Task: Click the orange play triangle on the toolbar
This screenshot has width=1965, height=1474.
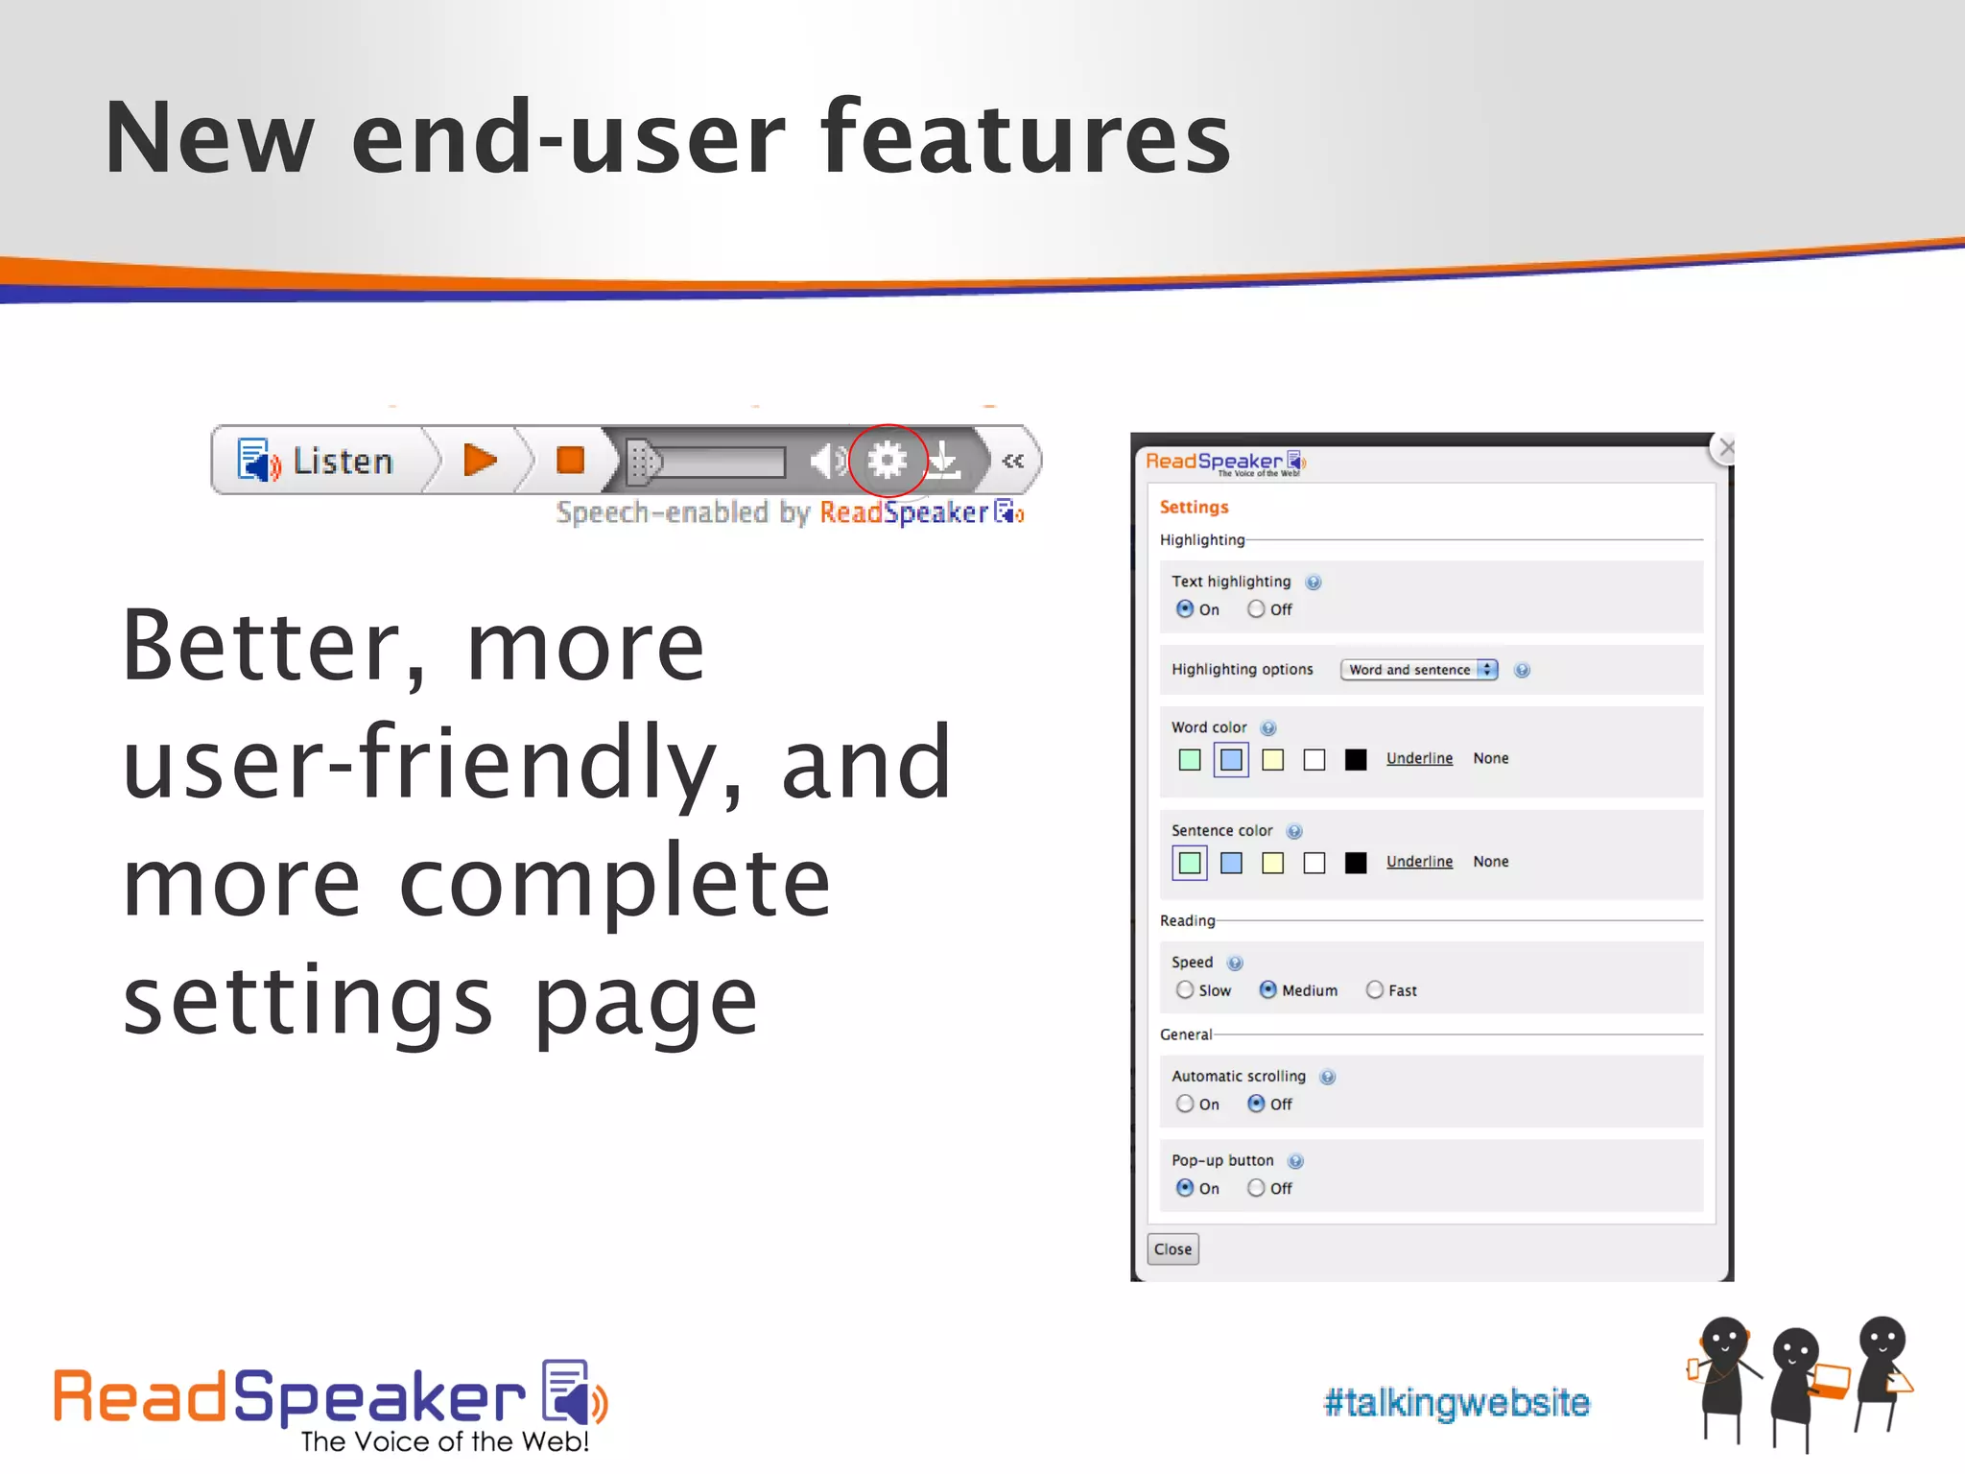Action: pos(479,460)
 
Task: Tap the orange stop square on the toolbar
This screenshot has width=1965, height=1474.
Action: pos(570,460)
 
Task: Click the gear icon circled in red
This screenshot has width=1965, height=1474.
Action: pos(888,461)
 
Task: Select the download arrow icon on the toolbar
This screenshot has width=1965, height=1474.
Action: pos(945,461)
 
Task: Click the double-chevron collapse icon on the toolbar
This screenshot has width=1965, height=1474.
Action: pos(1012,462)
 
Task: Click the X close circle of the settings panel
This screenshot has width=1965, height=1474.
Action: pos(1726,448)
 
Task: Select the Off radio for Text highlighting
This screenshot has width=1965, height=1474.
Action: pos(1256,609)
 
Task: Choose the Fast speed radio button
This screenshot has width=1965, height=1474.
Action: pos(1375,990)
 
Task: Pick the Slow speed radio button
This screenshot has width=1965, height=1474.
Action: pos(1185,990)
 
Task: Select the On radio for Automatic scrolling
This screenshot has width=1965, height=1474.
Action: pos(1185,1105)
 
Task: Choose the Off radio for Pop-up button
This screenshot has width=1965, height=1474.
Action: pos(1256,1188)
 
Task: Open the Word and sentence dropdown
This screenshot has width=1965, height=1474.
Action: pos(1418,670)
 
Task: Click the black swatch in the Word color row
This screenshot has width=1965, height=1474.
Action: pos(1356,760)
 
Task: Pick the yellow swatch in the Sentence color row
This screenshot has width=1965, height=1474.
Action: pos(1273,863)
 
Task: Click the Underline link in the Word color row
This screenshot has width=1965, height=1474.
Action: pos(1419,758)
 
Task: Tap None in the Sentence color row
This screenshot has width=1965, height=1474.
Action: pos(1491,862)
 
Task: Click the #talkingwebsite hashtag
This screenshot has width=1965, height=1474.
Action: pos(1456,1402)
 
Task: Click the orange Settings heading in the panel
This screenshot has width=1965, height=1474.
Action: pos(1194,507)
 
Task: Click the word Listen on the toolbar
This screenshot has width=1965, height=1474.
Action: pos(343,462)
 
